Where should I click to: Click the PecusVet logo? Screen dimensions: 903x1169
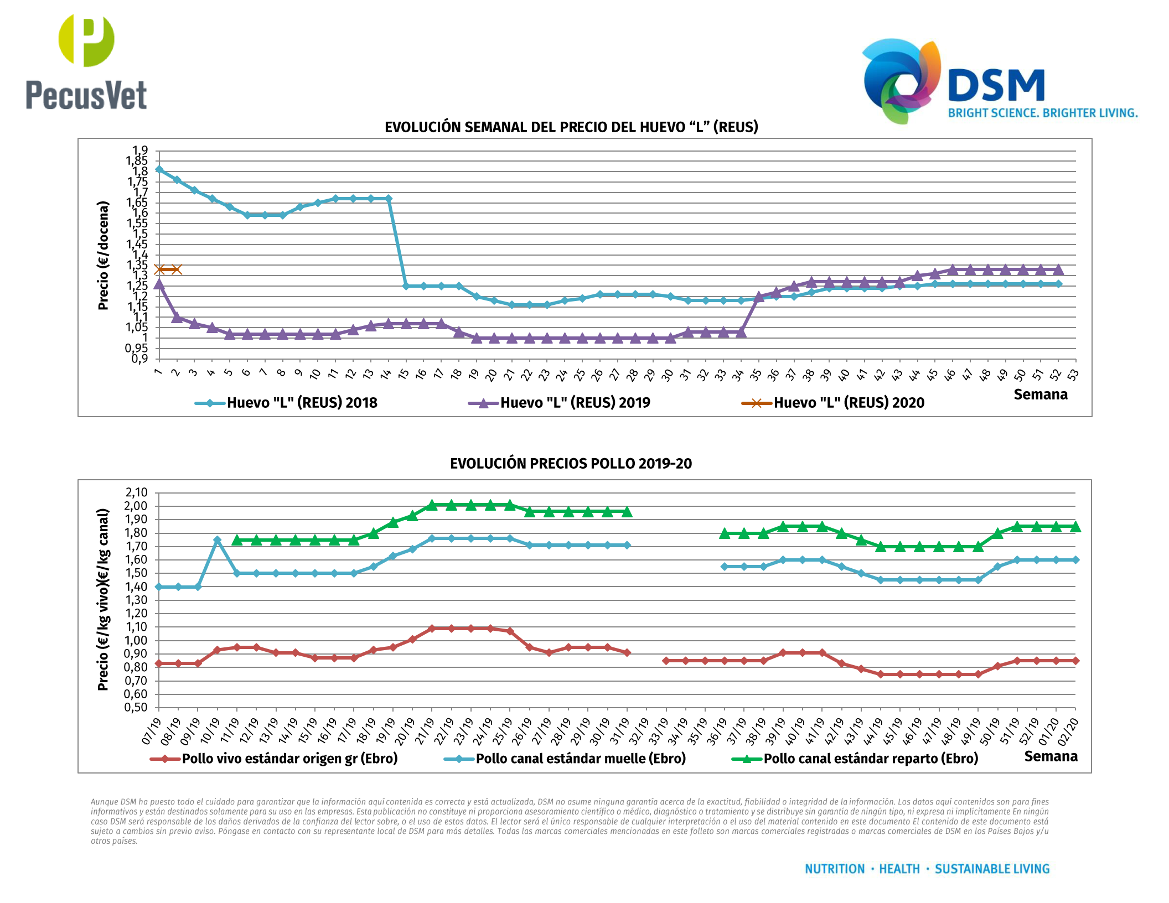point(86,62)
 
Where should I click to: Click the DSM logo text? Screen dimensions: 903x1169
point(996,86)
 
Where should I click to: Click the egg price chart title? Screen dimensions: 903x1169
point(571,127)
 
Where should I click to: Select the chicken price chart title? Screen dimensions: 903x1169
point(571,464)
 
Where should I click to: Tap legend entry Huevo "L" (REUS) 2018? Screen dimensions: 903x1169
point(302,403)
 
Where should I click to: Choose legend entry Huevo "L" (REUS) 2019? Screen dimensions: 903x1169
point(575,403)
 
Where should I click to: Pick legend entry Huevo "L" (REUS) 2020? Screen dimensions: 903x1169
point(849,403)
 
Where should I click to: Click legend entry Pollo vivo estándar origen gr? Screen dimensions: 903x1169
point(289,759)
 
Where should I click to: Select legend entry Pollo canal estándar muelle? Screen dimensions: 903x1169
point(580,759)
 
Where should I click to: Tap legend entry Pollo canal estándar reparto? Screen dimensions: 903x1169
point(871,759)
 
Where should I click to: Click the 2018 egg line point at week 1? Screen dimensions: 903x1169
point(159,169)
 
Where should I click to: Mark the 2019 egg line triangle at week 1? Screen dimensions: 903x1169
point(159,284)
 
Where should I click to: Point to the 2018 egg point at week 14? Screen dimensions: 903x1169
point(389,199)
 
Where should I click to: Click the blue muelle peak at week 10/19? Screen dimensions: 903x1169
point(218,540)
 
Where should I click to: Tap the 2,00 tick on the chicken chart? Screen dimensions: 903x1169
point(136,506)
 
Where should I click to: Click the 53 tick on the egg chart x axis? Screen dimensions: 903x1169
point(1073,375)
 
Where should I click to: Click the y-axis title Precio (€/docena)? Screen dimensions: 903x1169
point(104,255)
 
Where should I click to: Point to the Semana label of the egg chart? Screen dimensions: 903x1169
point(1041,395)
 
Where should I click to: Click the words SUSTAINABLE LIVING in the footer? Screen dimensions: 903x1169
point(992,869)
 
